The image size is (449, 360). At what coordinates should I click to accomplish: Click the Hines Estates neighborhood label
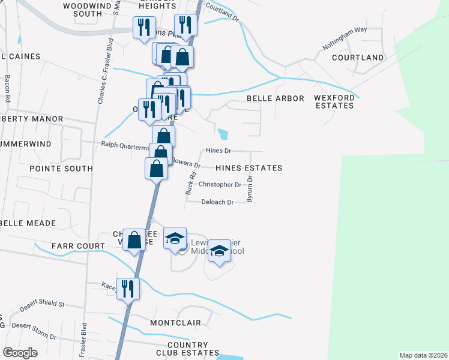pyautogui.click(x=249, y=168)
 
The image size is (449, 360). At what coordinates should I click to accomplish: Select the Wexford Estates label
pyautogui.click(x=334, y=101)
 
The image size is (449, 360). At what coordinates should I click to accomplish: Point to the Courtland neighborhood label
pyautogui.click(x=358, y=58)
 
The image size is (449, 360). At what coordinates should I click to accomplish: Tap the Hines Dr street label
pyautogui.click(x=218, y=151)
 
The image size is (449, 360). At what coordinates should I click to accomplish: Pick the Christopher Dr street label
pyautogui.click(x=219, y=185)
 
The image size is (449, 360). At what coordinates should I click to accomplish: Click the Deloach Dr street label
pyautogui.click(x=217, y=203)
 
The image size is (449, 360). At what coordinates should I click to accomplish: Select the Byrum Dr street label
pyautogui.click(x=250, y=189)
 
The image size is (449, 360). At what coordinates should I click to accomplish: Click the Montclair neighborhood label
pyautogui.click(x=175, y=323)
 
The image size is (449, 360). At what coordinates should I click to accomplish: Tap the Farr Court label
pyautogui.click(x=79, y=246)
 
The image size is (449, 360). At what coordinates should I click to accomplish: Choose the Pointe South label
pyautogui.click(x=61, y=169)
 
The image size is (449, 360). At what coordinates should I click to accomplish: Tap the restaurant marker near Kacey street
pyautogui.click(x=128, y=289)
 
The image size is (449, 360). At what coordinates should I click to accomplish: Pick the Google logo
pyautogui.click(x=20, y=353)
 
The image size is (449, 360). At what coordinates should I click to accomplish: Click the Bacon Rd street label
pyautogui.click(x=8, y=87)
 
